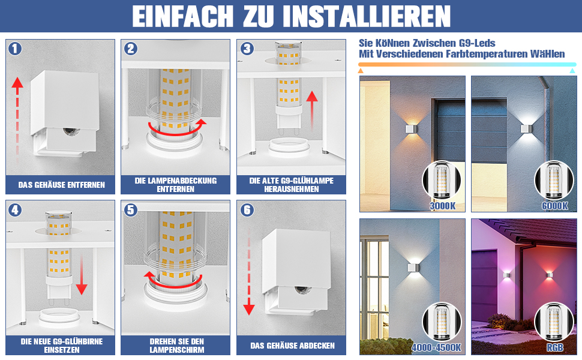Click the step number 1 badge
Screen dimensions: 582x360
pos(15,49)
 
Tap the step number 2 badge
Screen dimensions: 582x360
pos(131,49)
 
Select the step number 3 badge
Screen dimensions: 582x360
pos(247,49)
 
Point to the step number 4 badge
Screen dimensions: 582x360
pos(15,210)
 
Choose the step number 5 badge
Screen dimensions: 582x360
pos(131,210)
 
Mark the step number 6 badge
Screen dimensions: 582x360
pos(247,210)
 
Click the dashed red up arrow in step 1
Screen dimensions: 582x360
pos(17,119)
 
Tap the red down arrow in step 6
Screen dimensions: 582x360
pos(248,273)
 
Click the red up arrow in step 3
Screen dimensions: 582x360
pos(312,110)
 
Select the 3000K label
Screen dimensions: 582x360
pos(442,206)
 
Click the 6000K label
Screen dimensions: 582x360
pos(554,206)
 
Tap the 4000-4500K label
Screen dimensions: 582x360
pos(437,347)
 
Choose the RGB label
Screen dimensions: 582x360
pos(555,347)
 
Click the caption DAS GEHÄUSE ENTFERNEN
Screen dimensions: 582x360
pos(62,185)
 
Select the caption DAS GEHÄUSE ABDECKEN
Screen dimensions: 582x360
pos(292,346)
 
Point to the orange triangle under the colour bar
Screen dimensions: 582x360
pos(361,71)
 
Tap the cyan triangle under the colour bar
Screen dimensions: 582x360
pos(572,71)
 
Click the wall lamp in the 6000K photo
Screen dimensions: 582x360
pos(526,128)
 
